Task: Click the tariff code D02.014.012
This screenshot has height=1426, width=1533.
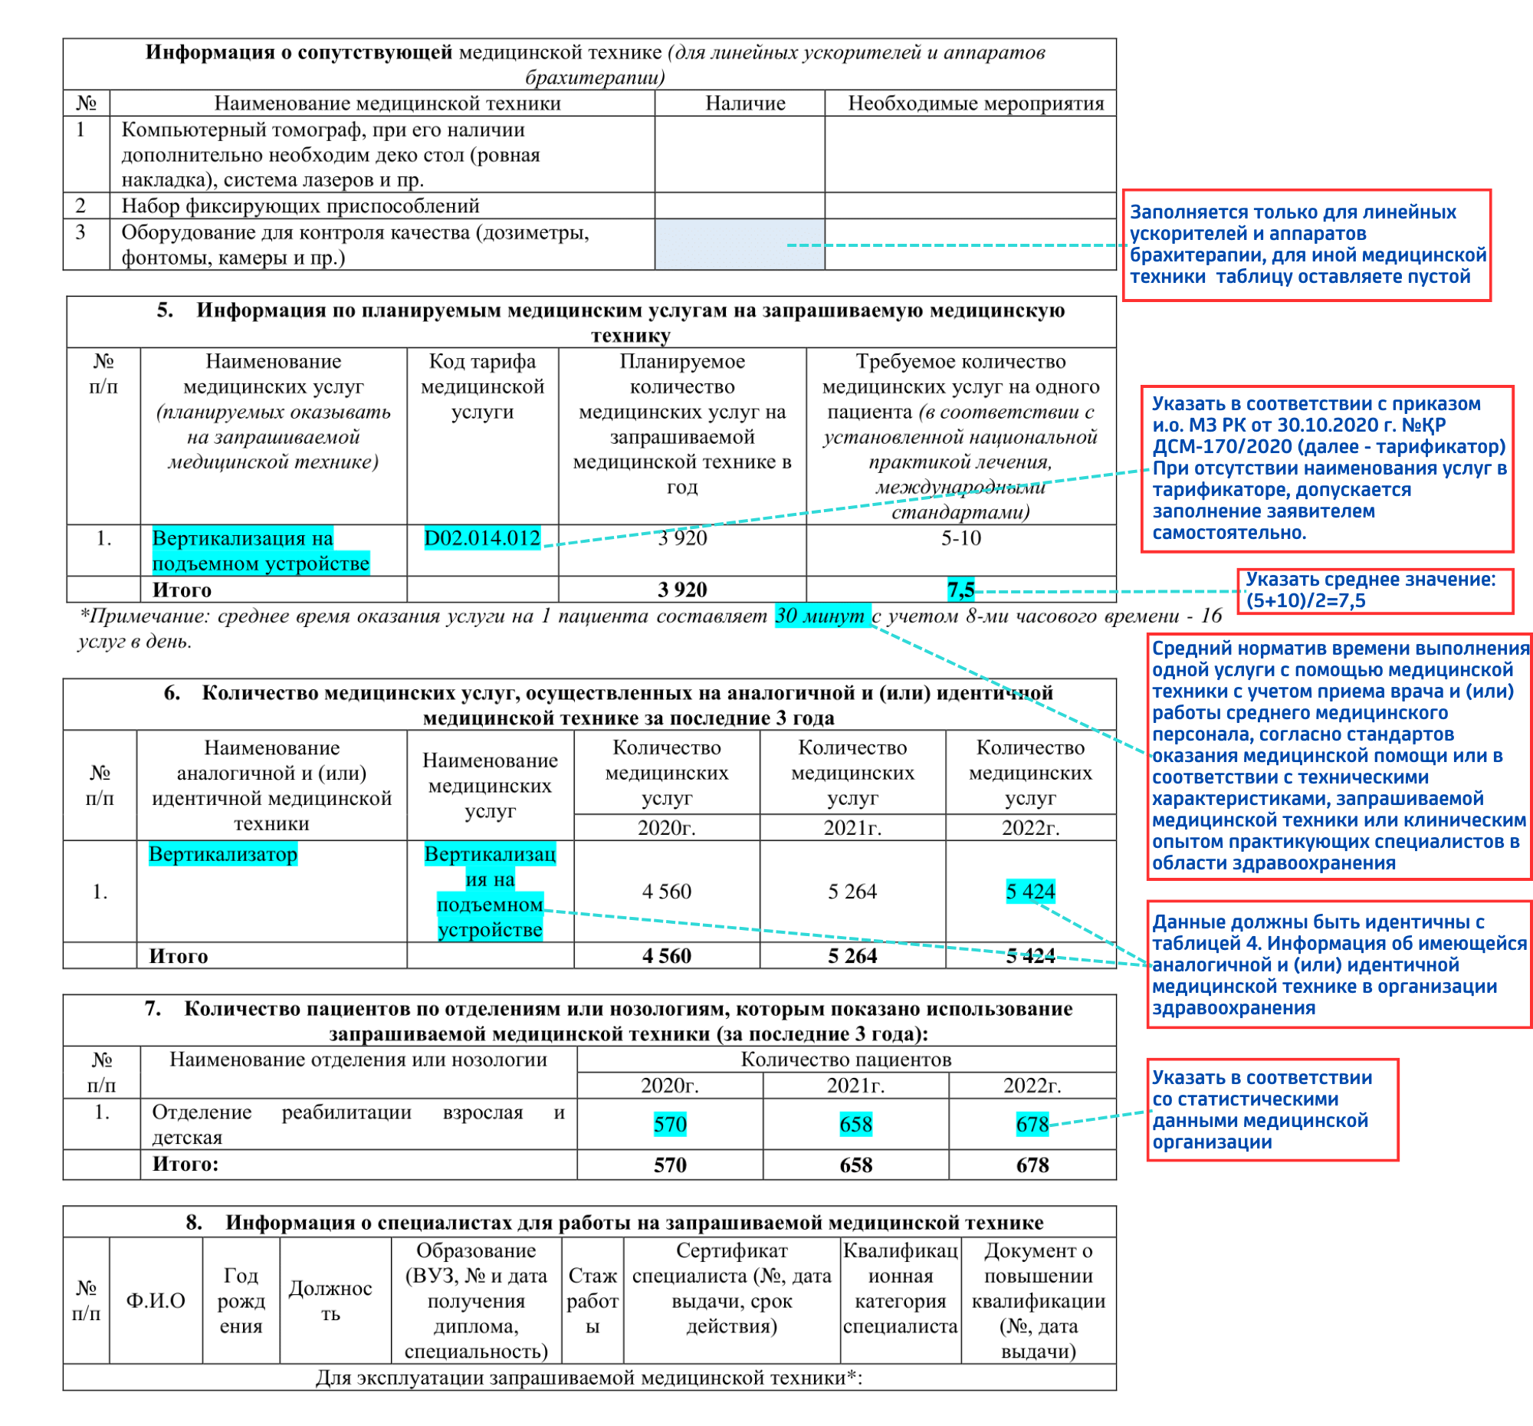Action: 482,537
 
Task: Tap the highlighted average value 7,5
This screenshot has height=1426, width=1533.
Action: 960,590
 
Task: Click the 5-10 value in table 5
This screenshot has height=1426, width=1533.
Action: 960,537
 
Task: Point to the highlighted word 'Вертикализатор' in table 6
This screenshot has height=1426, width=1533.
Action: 223,854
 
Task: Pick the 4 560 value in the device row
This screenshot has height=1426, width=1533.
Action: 666,892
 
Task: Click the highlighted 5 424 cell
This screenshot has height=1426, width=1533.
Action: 1029,892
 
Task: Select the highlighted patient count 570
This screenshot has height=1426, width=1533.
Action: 669,1124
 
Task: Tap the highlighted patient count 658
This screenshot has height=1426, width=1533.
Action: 855,1124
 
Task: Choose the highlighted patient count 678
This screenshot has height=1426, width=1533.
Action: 1032,1124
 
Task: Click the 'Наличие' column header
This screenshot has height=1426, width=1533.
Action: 745,103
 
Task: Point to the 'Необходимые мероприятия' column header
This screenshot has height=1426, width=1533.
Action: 976,103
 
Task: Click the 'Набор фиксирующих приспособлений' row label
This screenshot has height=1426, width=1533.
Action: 300,206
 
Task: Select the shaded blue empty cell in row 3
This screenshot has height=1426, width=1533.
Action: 739,245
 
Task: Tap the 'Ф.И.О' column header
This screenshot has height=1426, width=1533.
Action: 156,1300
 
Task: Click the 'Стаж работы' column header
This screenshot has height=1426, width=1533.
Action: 593,1300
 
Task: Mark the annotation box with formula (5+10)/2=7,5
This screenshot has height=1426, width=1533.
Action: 1374,591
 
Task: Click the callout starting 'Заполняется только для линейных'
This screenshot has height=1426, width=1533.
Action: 1305,245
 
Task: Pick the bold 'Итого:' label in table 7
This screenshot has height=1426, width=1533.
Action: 185,1164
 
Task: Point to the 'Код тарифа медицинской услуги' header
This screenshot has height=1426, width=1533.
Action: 482,386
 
